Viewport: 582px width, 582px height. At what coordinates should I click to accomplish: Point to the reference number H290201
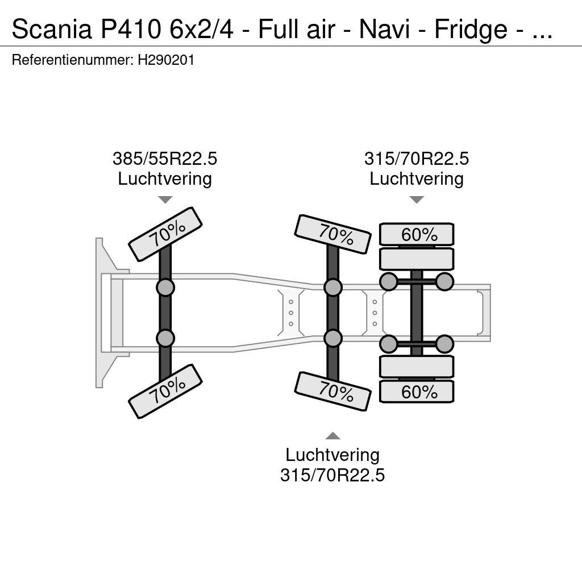(166, 60)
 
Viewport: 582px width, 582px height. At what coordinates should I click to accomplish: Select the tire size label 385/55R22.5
(165, 159)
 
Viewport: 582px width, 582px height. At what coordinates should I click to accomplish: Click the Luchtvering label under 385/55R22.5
(165, 178)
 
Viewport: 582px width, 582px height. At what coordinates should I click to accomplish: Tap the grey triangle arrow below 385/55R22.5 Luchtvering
(165, 199)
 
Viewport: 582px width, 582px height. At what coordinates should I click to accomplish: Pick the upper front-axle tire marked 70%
(165, 234)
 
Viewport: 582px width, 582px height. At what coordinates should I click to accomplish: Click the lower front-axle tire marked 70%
(165, 391)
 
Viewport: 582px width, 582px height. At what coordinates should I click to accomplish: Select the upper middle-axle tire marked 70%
(333, 234)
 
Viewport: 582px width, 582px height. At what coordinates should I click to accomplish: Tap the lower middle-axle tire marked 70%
(333, 391)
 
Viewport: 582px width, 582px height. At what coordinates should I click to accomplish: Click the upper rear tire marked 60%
(417, 234)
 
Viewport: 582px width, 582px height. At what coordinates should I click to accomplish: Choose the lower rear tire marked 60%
(417, 392)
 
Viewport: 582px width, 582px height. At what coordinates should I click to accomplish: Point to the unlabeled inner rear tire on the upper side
(417, 259)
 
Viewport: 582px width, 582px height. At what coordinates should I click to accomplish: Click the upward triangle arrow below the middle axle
(332, 436)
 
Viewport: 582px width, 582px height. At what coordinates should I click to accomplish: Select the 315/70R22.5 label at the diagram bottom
(332, 475)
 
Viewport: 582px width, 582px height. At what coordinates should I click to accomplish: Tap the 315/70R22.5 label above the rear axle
(417, 159)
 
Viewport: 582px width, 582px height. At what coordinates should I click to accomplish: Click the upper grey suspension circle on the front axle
(165, 288)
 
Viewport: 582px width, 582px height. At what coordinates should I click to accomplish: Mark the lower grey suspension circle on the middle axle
(333, 339)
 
